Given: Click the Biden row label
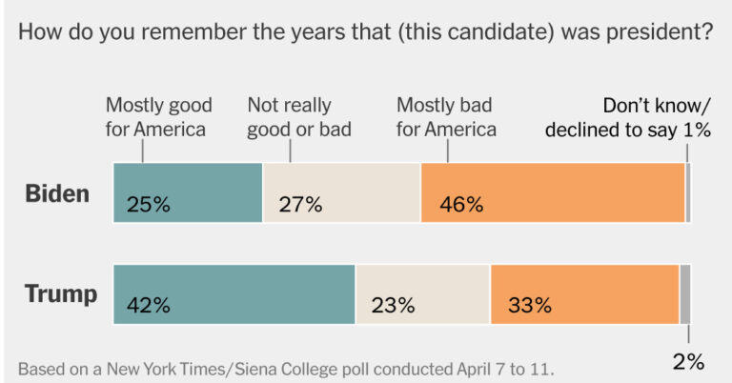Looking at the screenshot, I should (x=57, y=193).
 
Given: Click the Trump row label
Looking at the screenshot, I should (x=61, y=294).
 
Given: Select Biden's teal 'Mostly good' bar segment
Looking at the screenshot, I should (x=188, y=192).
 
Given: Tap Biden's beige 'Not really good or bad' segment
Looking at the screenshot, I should (x=341, y=192).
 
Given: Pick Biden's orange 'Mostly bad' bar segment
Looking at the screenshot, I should (x=552, y=192).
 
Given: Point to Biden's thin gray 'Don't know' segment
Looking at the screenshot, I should (x=688, y=192).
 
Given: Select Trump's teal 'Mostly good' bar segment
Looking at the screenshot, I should (x=234, y=294).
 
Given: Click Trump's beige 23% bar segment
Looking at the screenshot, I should (x=422, y=294).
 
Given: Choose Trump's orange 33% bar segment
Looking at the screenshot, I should (x=584, y=294).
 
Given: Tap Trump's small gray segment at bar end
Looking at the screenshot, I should (x=685, y=294).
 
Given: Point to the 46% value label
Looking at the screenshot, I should (x=460, y=204).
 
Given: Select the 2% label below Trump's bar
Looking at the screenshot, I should (x=688, y=361).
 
